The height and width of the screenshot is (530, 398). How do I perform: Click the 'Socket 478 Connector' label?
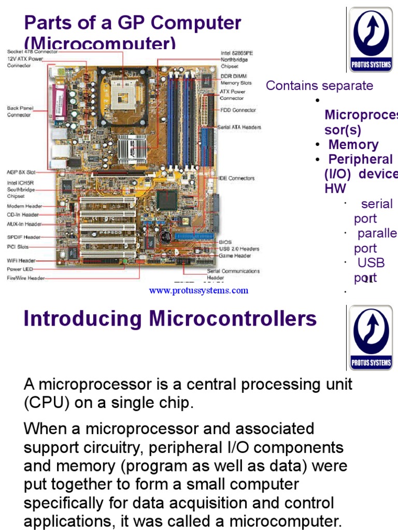coord(32,52)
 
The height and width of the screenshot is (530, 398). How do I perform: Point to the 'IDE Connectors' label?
coord(236,179)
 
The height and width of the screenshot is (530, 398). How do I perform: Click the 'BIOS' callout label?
coord(225,242)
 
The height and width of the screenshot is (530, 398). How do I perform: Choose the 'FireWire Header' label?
coord(26,278)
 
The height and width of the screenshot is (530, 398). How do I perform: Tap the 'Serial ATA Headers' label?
coord(239,127)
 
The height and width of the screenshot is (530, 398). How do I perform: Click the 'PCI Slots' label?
coord(18,247)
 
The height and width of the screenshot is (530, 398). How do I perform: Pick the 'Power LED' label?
coord(20,269)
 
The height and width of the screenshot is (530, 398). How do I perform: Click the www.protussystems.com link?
coord(198,290)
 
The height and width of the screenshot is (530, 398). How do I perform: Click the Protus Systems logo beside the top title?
coord(371,40)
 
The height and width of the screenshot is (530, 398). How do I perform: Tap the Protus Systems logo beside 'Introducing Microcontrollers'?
coord(371,337)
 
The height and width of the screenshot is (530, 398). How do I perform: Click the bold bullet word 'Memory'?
coord(353,145)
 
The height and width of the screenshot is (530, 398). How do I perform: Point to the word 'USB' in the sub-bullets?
coord(371,263)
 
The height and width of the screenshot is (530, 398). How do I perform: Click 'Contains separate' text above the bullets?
coord(319,85)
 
